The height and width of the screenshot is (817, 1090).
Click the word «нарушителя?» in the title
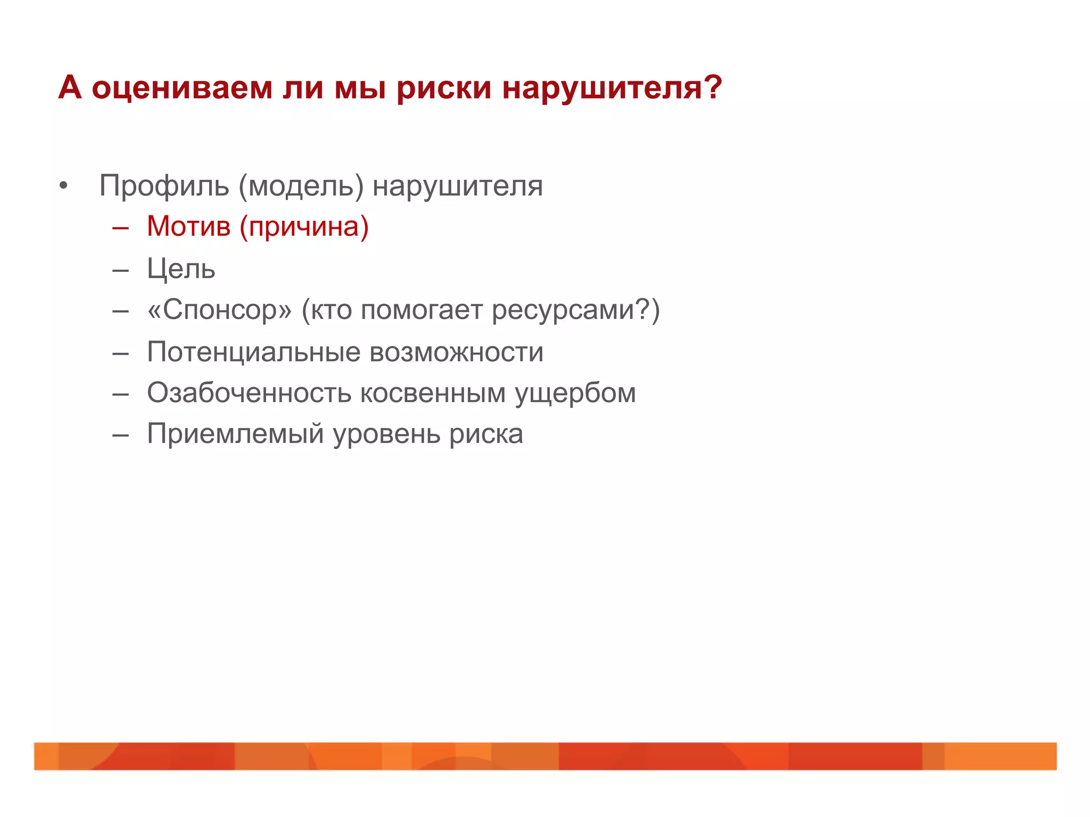coord(612,88)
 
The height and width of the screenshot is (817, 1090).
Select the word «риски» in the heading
coord(444,88)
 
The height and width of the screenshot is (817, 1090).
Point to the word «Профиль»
coord(164,186)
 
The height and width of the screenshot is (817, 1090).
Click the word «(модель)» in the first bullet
coord(301,186)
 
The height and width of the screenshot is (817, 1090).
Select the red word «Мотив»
coord(188,227)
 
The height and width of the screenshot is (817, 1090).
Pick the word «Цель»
coord(181,269)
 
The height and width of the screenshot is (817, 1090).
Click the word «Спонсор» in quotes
coord(220,310)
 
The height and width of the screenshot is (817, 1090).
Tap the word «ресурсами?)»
coord(575,310)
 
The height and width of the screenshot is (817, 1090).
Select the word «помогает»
coord(422,310)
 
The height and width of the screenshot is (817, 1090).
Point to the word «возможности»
coord(456,352)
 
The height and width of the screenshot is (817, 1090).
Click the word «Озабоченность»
coord(249,393)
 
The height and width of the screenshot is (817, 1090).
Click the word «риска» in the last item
coord(486,435)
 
